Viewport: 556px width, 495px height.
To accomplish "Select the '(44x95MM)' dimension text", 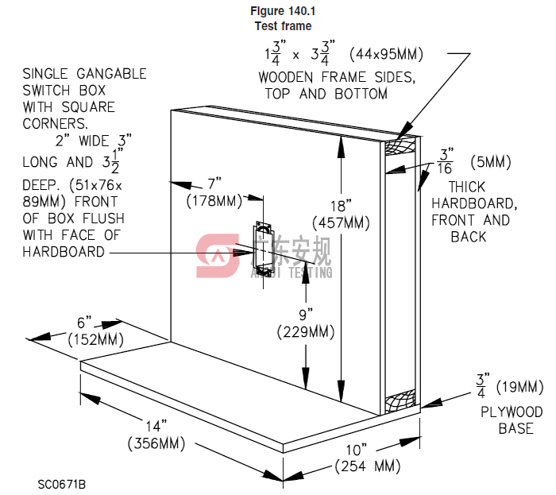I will [x=388, y=55].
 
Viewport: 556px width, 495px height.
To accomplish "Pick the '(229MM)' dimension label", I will [x=306, y=332].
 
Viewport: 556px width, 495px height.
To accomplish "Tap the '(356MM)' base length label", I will [x=156, y=443].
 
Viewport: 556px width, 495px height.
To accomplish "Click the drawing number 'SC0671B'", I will [x=61, y=483].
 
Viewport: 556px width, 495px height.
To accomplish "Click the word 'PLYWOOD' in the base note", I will [x=512, y=412].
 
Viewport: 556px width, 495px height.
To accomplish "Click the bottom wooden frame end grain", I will [x=401, y=400].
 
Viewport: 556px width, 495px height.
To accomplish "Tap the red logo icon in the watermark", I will [x=216, y=255].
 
